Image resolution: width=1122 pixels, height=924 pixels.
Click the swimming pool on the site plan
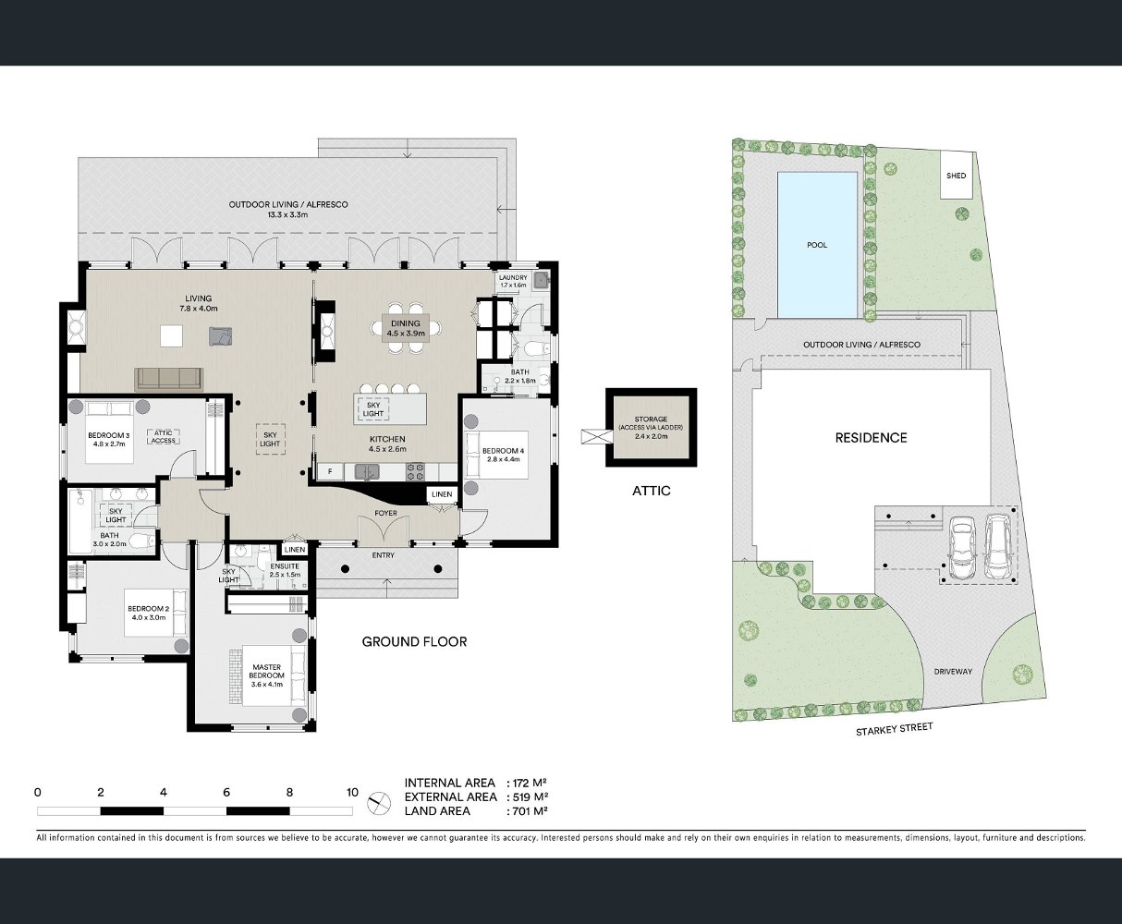click(x=817, y=245)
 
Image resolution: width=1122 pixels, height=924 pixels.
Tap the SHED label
click(x=956, y=176)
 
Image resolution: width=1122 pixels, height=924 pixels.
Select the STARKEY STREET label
click(x=894, y=729)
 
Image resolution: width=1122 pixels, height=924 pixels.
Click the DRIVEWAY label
click(x=953, y=672)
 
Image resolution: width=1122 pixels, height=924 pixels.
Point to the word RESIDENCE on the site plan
click(x=871, y=438)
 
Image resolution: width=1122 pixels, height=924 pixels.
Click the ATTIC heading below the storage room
click(x=652, y=491)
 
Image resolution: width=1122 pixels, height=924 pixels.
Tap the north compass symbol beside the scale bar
click(x=379, y=804)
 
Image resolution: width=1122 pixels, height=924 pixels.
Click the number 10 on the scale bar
click(x=352, y=793)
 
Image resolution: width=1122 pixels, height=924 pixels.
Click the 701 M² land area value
click(x=530, y=811)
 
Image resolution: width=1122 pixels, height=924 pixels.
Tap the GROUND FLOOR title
click(x=414, y=642)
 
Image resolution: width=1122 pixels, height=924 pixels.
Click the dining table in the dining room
click(x=405, y=328)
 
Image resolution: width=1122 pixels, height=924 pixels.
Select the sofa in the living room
click(x=169, y=379)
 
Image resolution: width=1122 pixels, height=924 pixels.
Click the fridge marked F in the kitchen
click(x=331, y=471)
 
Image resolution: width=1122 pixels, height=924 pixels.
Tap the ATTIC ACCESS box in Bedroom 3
click(x=164, y=437)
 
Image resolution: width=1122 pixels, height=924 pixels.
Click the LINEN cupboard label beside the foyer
click(x=442, y=494)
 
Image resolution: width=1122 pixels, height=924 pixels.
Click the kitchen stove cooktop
click(x=416, y=471)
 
